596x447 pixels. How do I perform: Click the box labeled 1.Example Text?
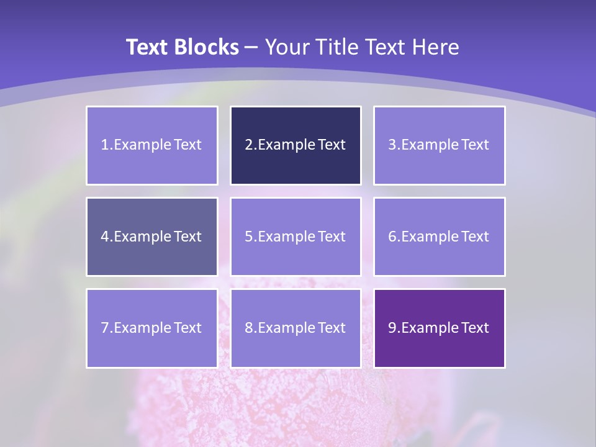(151, 145)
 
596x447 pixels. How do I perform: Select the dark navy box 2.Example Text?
(296, 145)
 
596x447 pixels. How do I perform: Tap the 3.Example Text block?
(439, 145)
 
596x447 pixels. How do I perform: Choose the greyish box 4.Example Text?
(151, 237)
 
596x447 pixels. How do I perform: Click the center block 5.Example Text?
(296, 237)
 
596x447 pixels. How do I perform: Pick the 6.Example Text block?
(439, 237)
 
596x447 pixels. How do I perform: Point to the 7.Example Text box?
(151, 328)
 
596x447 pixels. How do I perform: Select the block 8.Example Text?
(296, 328)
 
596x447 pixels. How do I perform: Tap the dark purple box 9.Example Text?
(439, 328)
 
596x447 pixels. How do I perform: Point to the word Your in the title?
(286, 47)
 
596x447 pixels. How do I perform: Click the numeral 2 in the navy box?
(248, 145)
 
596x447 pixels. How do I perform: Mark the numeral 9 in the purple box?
(392, 328)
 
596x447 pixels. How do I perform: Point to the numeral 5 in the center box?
(248, 237)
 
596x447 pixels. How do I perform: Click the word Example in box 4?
(142, 237)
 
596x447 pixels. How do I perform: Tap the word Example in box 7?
(142, 328)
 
